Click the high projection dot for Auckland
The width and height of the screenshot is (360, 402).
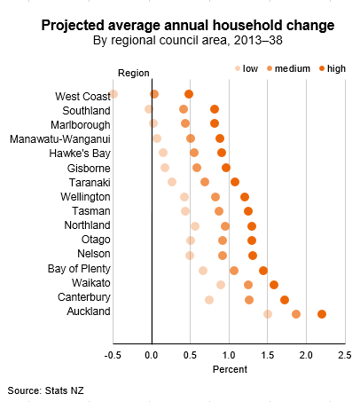322,314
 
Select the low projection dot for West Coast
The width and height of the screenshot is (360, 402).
113,93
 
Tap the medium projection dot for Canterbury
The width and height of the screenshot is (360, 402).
249,300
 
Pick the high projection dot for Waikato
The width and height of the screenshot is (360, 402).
274,285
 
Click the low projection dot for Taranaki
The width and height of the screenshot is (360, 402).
172,182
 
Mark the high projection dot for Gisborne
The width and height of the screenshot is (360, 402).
226,167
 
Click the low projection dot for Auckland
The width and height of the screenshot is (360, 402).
268,314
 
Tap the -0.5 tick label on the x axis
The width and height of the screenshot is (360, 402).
113,355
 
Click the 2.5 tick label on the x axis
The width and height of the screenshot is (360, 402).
344,355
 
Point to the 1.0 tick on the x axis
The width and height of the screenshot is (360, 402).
229,355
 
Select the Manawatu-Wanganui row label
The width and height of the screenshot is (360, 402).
59,138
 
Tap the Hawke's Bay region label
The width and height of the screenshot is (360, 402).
79,153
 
